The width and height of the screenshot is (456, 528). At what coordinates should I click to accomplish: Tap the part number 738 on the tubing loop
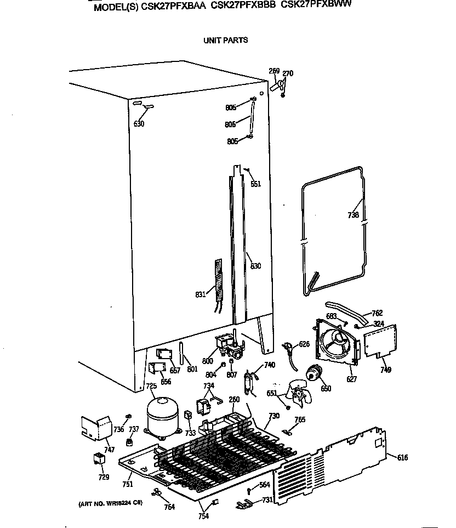pos(354,215)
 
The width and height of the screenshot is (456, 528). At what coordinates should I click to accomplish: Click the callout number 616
pos(402,458)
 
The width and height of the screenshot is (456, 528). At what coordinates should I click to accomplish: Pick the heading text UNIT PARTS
pos(225,40)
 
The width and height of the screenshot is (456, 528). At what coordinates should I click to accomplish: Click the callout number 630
pos(139,124)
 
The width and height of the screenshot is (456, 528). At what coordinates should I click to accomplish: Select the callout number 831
pos(201,294)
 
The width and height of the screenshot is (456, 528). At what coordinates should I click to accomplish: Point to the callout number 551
pos(255,184)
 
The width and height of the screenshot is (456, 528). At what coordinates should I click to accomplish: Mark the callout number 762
pos(377,314)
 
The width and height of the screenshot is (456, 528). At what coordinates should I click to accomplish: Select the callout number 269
pos(274,71)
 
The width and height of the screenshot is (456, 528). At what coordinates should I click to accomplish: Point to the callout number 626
pos(304,344)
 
